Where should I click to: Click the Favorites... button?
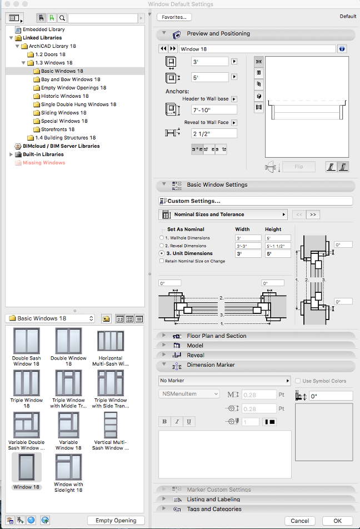pyautogui.click(x=174, y=17)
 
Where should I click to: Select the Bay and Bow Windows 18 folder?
pyautogui.click(x=71, y=79)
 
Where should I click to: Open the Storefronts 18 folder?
pyautogui.click(x=57, y=129)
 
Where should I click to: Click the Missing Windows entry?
pyautogui.click(x=43, y=163)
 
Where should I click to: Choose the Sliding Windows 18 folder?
pyautogui.click(x=63, y=113)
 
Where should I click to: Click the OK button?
pyautogui.click(x=338, y=521)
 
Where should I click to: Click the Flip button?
pyautogui.click(x=299, y=167)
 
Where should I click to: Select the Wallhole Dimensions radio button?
pyautogui.click(x=162, y=238)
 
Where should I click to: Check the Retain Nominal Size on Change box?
pyautogui.click(x=162, y=261)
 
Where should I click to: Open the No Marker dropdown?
pyautogui.click(x=224, y=381)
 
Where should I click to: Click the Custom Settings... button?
pyautogui.click(x=256, y=201)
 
